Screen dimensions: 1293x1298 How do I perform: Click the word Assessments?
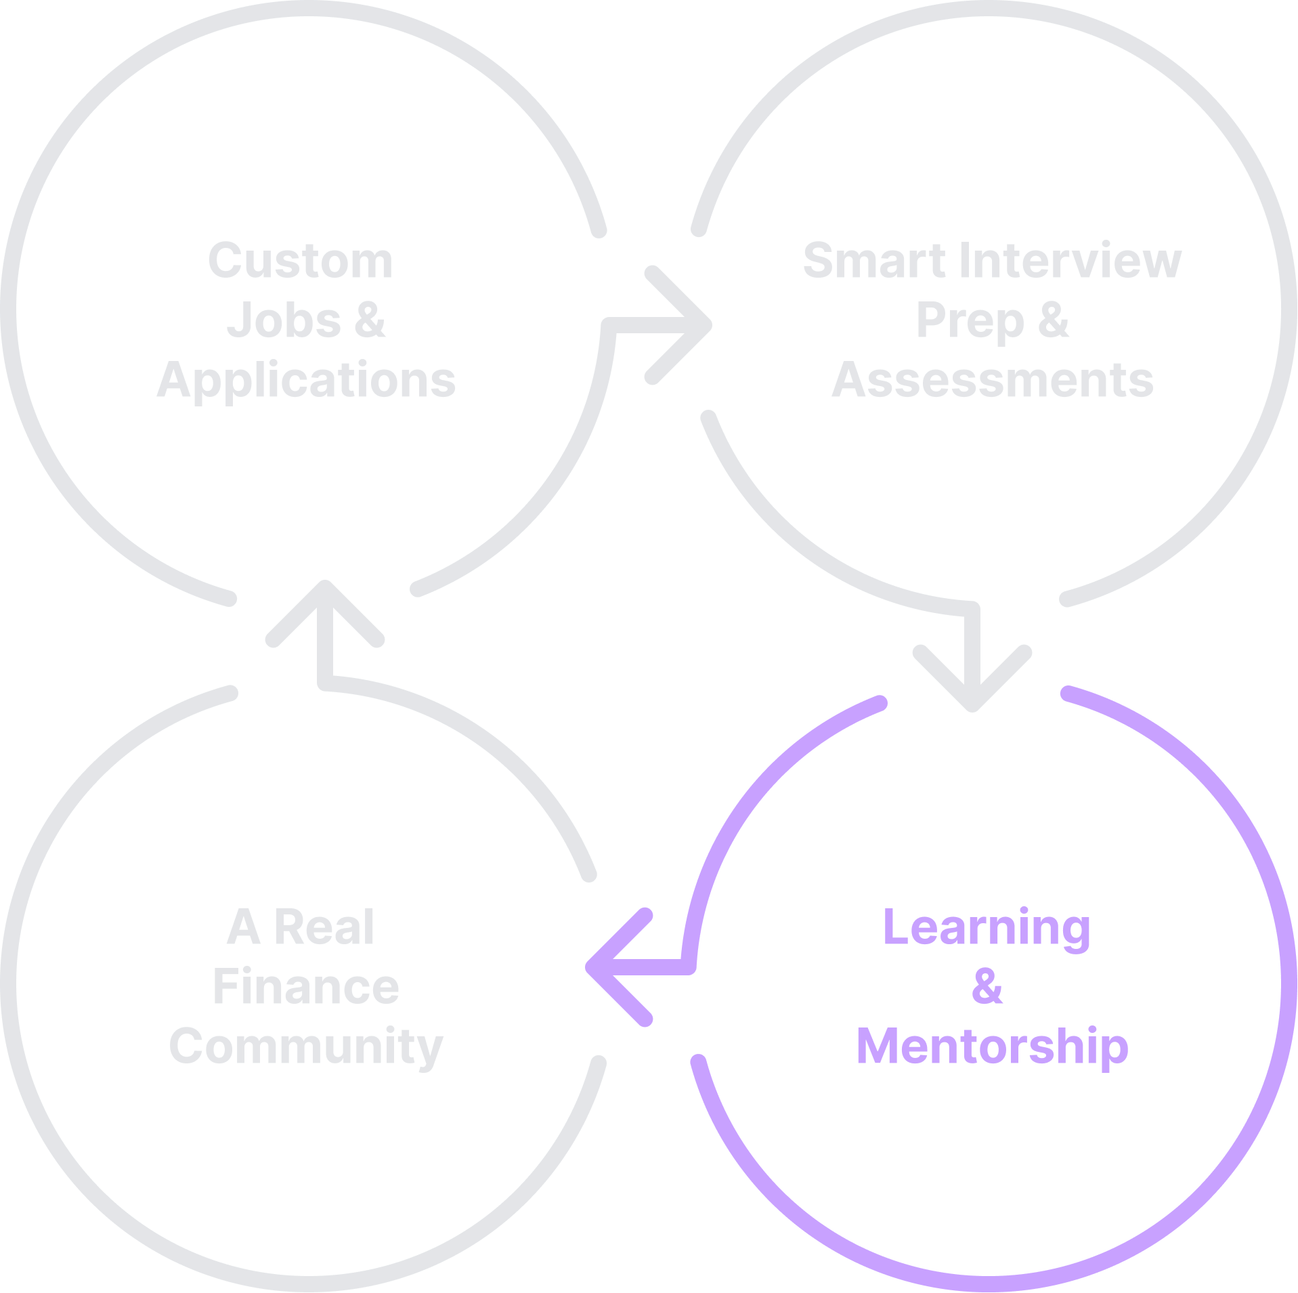point(992,380)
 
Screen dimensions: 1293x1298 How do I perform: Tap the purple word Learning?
point(987,928)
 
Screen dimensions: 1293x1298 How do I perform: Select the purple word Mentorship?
point(992,1046)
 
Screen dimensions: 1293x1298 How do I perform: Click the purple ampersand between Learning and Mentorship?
point(987,987)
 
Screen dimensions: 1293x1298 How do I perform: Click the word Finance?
point(306,987)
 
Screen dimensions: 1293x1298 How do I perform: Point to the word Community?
point(306,1046)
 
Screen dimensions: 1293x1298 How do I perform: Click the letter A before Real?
point(244,927)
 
